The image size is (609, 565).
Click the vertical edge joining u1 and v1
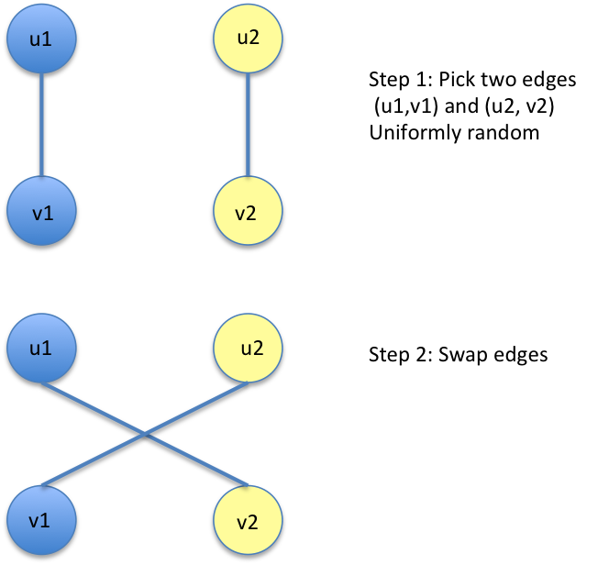[x=39, y=126]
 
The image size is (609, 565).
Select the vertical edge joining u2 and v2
[x=247, y=126]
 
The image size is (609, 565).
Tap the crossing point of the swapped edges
[x=143, y=435]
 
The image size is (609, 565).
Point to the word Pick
[x=455, y=79]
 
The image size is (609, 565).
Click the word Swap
[x=458, y=354]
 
